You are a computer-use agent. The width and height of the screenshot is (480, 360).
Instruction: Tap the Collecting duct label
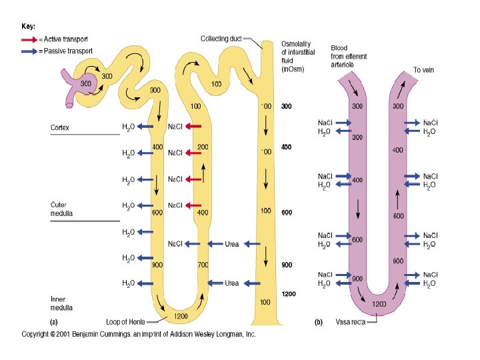pyautogui.click(x=223, y=38)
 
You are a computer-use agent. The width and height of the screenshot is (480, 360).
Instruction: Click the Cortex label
pyautogui.click(x=61, y=126)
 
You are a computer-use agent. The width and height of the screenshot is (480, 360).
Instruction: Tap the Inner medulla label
pyautogui.click(x=62, y=303)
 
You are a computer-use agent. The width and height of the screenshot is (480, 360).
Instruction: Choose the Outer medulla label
pyautogui.click(x=62, y=209)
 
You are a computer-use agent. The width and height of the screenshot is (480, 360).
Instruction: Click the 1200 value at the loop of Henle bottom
pyautogui.click(x=180, y=315)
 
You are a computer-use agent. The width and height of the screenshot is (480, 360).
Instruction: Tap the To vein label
pyautogui.click(x=423, y=69)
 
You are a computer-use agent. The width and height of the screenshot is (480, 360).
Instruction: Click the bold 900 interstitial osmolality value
pyautogui.click(x=286, y=265)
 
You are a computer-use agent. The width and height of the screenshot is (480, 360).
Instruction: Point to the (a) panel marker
pyautogui.click(x=55, y=321)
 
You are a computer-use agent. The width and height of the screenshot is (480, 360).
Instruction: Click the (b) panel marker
pyautogui.click(x=319, y=321)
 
